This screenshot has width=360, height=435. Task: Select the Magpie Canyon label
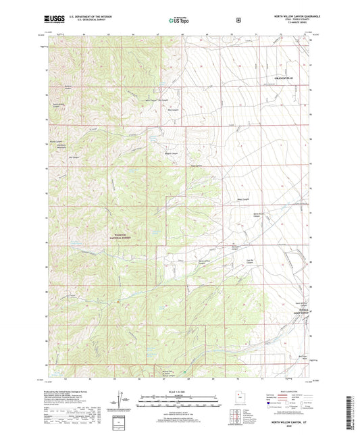[x=170, y=153]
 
